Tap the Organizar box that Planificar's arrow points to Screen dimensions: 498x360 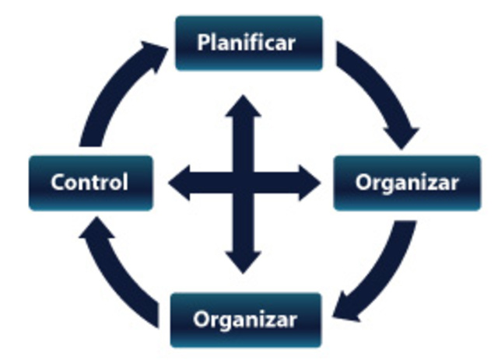coord(407,183)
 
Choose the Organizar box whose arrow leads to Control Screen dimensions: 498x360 coord(245,320)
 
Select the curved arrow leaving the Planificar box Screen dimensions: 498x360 coord(381,93)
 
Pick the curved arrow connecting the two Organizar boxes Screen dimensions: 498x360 coord(381,272)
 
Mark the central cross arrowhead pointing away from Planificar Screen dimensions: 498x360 coord(244,260)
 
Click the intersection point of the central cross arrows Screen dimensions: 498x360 coord(244,183)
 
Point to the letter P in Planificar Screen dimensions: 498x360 coord(203,42)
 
